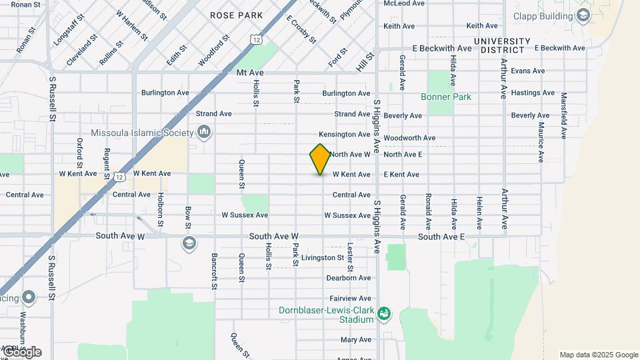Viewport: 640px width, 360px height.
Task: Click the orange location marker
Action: click(x=320, y=159)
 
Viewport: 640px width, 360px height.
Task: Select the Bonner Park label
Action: click(x=446, y=97)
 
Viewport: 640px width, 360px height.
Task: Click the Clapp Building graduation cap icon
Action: click(x=583, y=15)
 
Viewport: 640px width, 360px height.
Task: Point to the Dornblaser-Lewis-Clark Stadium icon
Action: click(x=383, y=313)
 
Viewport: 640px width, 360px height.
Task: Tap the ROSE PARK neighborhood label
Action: click(x=236, y=15)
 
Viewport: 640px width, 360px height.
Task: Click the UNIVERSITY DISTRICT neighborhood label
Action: click(x=501, y=45)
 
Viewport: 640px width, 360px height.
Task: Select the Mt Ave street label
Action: click(x=251, y=71)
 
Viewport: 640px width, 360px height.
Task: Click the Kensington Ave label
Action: click(x=344, y=135)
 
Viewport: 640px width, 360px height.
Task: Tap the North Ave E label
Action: click(x=403, y=155)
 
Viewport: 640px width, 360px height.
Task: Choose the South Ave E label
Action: click(x=440, y=237)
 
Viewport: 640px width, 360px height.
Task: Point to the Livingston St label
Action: click(x=322, y=257)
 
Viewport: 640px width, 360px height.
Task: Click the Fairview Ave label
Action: click(x=350, y=298)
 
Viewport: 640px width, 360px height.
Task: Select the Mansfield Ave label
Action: click(x=563, y=115)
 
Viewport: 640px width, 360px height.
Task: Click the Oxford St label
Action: click(x=79, y=153)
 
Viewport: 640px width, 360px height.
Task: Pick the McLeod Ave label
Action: click(x=404, y=3)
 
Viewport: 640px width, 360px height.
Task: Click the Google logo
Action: click(x=21, y=352)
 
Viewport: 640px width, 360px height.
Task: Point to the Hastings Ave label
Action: click(x=533, y=93)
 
